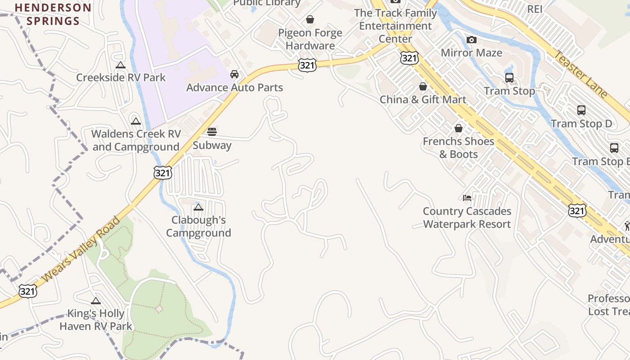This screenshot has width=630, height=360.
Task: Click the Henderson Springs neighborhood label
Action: pyautogui.click(x=53, y=14)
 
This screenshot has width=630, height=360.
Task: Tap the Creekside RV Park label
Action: pyautogui.click(x=121, y=77)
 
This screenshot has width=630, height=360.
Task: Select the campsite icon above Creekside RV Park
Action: pyautogui.click(x=120, y=65)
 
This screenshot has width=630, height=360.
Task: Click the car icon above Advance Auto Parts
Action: pyautogui.click(x=234, y=74)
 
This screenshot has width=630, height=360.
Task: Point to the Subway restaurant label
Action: pyautogui.click(x=212, y=145)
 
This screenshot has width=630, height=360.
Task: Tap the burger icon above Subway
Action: pyautogui.click(x=212, y=132)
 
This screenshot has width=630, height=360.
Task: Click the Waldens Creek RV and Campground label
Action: pyautogui.click(x=136, y=140)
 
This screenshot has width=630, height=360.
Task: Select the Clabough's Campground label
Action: pyautogui.click(x=198, y=226)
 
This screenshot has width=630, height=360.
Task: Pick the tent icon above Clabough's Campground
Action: pyautogui.click(x=198, y=207)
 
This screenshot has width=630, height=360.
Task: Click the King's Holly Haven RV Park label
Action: pyautogui.click(x=96, y=320)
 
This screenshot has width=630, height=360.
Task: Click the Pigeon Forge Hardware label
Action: pyautogui.click(x=310, y=39)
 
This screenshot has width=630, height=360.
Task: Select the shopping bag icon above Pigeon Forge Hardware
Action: pyautogui.click(x=310, y=19)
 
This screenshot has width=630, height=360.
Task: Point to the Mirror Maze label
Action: pyautogui.click(x=471, y=53)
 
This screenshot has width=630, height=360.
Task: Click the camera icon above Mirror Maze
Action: pyautogui.click(x=471, y=40)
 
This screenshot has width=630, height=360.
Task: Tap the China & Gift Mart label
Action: pyautogui.click(x=423, y=99)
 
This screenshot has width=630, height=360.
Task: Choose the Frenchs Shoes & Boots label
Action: pyautogui.click(x=459, y=148)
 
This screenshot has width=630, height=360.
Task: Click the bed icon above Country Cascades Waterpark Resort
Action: pyautogui.click(x=467, y=198)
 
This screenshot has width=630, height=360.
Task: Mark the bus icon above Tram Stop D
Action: pyautogui.click(x=581, y=110)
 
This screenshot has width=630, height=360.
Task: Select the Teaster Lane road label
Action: pyautogui.click(x=580, y=74)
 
